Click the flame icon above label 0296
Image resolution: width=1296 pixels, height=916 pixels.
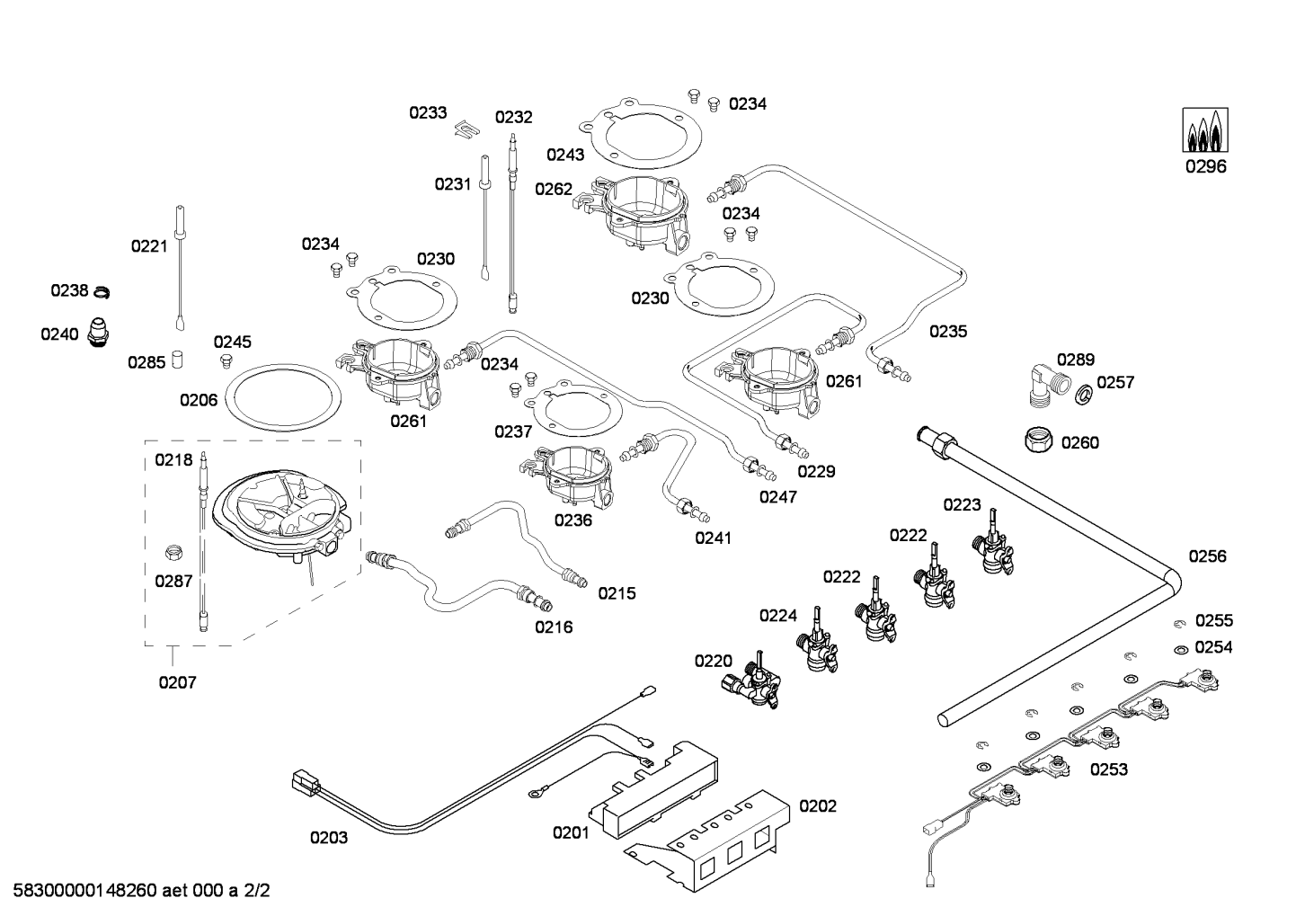(1205, 131)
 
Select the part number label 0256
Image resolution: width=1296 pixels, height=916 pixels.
(1207, 556)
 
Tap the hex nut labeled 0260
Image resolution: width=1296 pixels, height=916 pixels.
(1039, 440)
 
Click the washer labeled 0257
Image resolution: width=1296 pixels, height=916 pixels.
(1085, 393)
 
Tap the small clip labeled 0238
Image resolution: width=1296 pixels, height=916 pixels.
(102, 291)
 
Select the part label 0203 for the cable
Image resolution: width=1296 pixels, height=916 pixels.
(329, 839)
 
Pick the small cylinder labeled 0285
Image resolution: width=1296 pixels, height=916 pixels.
(178, 360)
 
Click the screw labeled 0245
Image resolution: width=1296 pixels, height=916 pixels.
(226, 361)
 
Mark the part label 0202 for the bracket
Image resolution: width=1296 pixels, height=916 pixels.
(818, 806)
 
